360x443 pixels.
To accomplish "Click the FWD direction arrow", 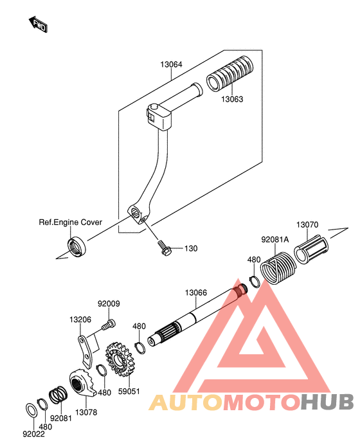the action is point(39,24).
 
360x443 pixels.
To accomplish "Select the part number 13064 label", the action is point(171,64).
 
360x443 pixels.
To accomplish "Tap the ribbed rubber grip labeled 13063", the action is point(230,74).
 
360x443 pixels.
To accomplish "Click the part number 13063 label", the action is point(232,99).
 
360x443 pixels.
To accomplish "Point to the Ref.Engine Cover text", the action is point(70,222).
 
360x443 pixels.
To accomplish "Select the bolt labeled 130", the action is point(164,248).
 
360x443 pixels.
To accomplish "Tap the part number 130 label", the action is point(191,248).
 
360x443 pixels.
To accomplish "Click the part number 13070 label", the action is point(307,225).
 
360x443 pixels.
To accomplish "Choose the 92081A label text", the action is point(275,240).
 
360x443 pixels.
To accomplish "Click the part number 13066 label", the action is point(196,293).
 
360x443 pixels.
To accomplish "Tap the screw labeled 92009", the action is point(109,324).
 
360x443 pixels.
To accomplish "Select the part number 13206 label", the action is point(80,320).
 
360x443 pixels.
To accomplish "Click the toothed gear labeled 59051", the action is point(119,359).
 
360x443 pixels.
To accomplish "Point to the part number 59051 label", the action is point(129,392).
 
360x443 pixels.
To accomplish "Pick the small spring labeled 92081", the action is point(59,394).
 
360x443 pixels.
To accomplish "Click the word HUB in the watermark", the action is point(327,402).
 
